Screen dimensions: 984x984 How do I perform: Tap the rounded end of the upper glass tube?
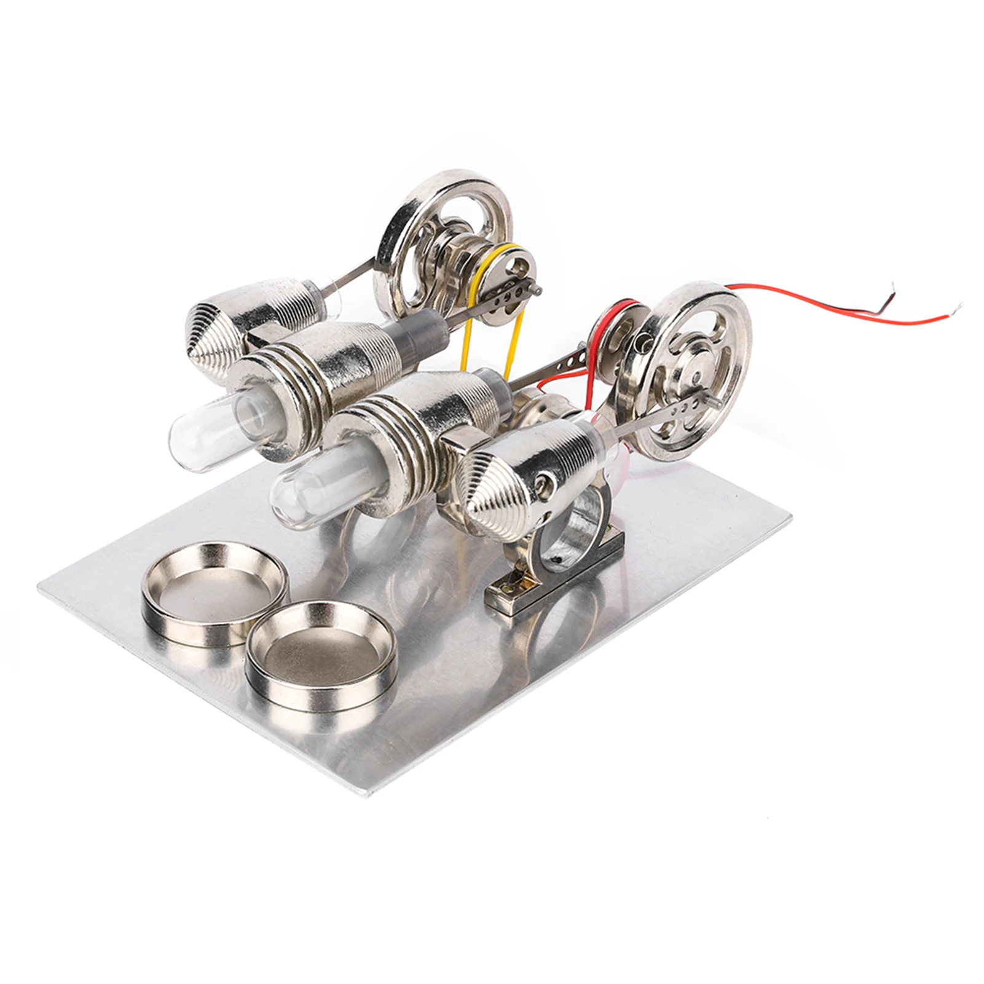tap(178, 433)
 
